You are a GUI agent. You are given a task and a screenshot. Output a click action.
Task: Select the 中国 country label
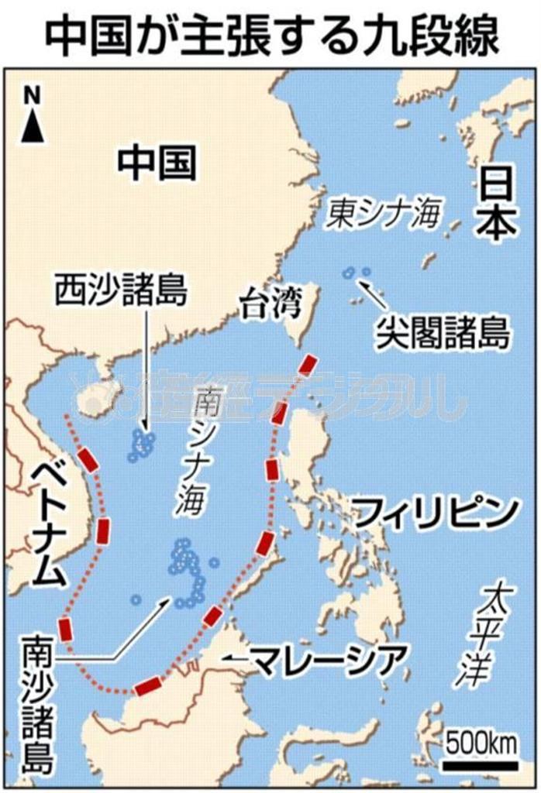pyautogui.click(x=157, y=163)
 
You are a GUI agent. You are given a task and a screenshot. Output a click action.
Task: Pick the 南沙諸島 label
pyautogui.click(x=38, y=705)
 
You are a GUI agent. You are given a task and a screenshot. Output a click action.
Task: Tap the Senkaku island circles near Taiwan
pyautogui.click(x=357, y=273)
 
